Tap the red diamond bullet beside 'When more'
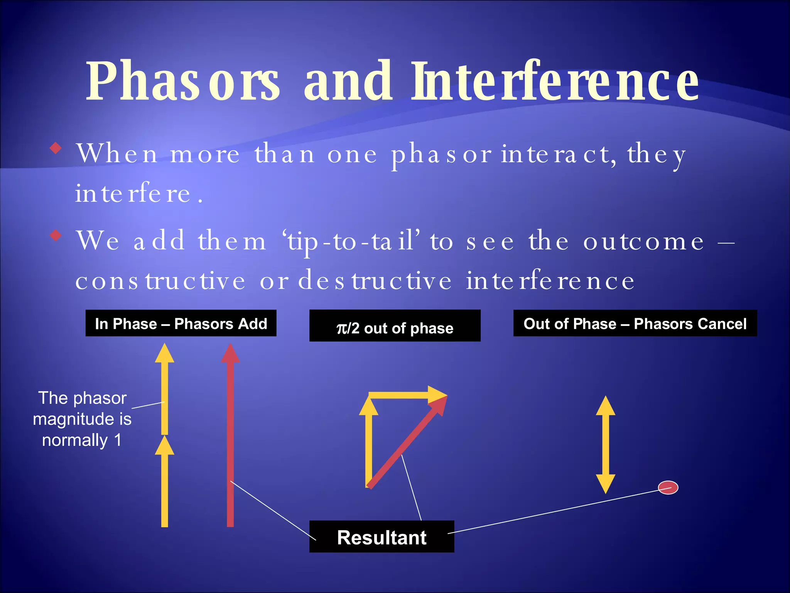tap(56, 148)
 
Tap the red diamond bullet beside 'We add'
tap(56, 235)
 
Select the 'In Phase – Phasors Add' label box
tap(181, 323)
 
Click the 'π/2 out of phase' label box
tap(395, 326)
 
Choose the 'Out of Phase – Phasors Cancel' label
tap(635, 323)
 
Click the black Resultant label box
tap(381, 537)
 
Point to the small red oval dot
tap(668, 488)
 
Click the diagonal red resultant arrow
tap(405, 444)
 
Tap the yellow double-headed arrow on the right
tap(605, 444)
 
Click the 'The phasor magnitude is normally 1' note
tap(82, 419)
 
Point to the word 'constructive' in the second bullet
tap(160, 281)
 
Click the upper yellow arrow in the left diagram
tap(165, 390)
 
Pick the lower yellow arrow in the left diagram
tap(165, 483)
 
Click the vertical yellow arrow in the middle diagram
tap(369, 444)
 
